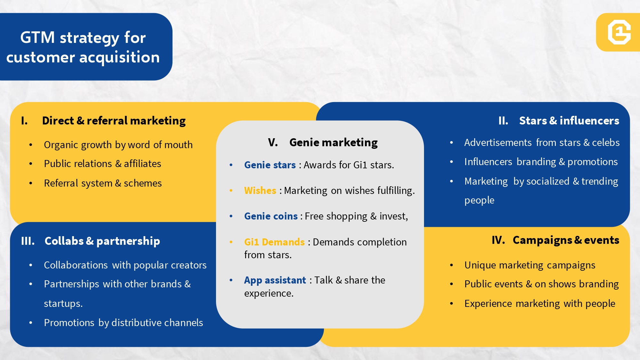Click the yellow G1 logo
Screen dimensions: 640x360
click(x=619, y=32)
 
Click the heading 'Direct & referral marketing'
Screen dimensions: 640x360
click(x=114, y=121)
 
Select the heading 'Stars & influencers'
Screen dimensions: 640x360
click(x=569, y=121)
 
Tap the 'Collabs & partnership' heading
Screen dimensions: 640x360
click(x=102, y=241)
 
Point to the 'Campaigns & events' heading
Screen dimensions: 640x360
click(x=566, y=240)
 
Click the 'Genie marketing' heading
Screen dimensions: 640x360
click(x=333, y=142)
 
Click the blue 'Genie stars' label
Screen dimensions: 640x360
click(x=270, y=165)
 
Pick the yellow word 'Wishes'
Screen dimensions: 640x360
click(x=260, y=190)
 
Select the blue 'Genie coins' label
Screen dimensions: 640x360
click(x=271, y=216)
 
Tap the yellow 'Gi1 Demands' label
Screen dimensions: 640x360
click(x=274, y=242)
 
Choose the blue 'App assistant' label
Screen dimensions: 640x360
click(x=275, y=280)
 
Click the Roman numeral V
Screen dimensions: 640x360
click(x=273, y=142)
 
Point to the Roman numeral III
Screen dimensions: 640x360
click(x=28, y=241)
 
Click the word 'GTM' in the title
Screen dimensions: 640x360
click(x=37, y=37)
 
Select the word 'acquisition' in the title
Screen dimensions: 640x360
click(x=119, y=57)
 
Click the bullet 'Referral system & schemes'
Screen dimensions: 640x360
click(x=103, y=183)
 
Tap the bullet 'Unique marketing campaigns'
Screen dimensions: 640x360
click(x=530, y=265)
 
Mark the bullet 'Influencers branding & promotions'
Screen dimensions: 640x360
click(x=541, y=162)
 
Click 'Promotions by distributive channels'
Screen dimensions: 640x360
click(x=124, y=323)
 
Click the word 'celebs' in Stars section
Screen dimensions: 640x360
click(x=606, y=142)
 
